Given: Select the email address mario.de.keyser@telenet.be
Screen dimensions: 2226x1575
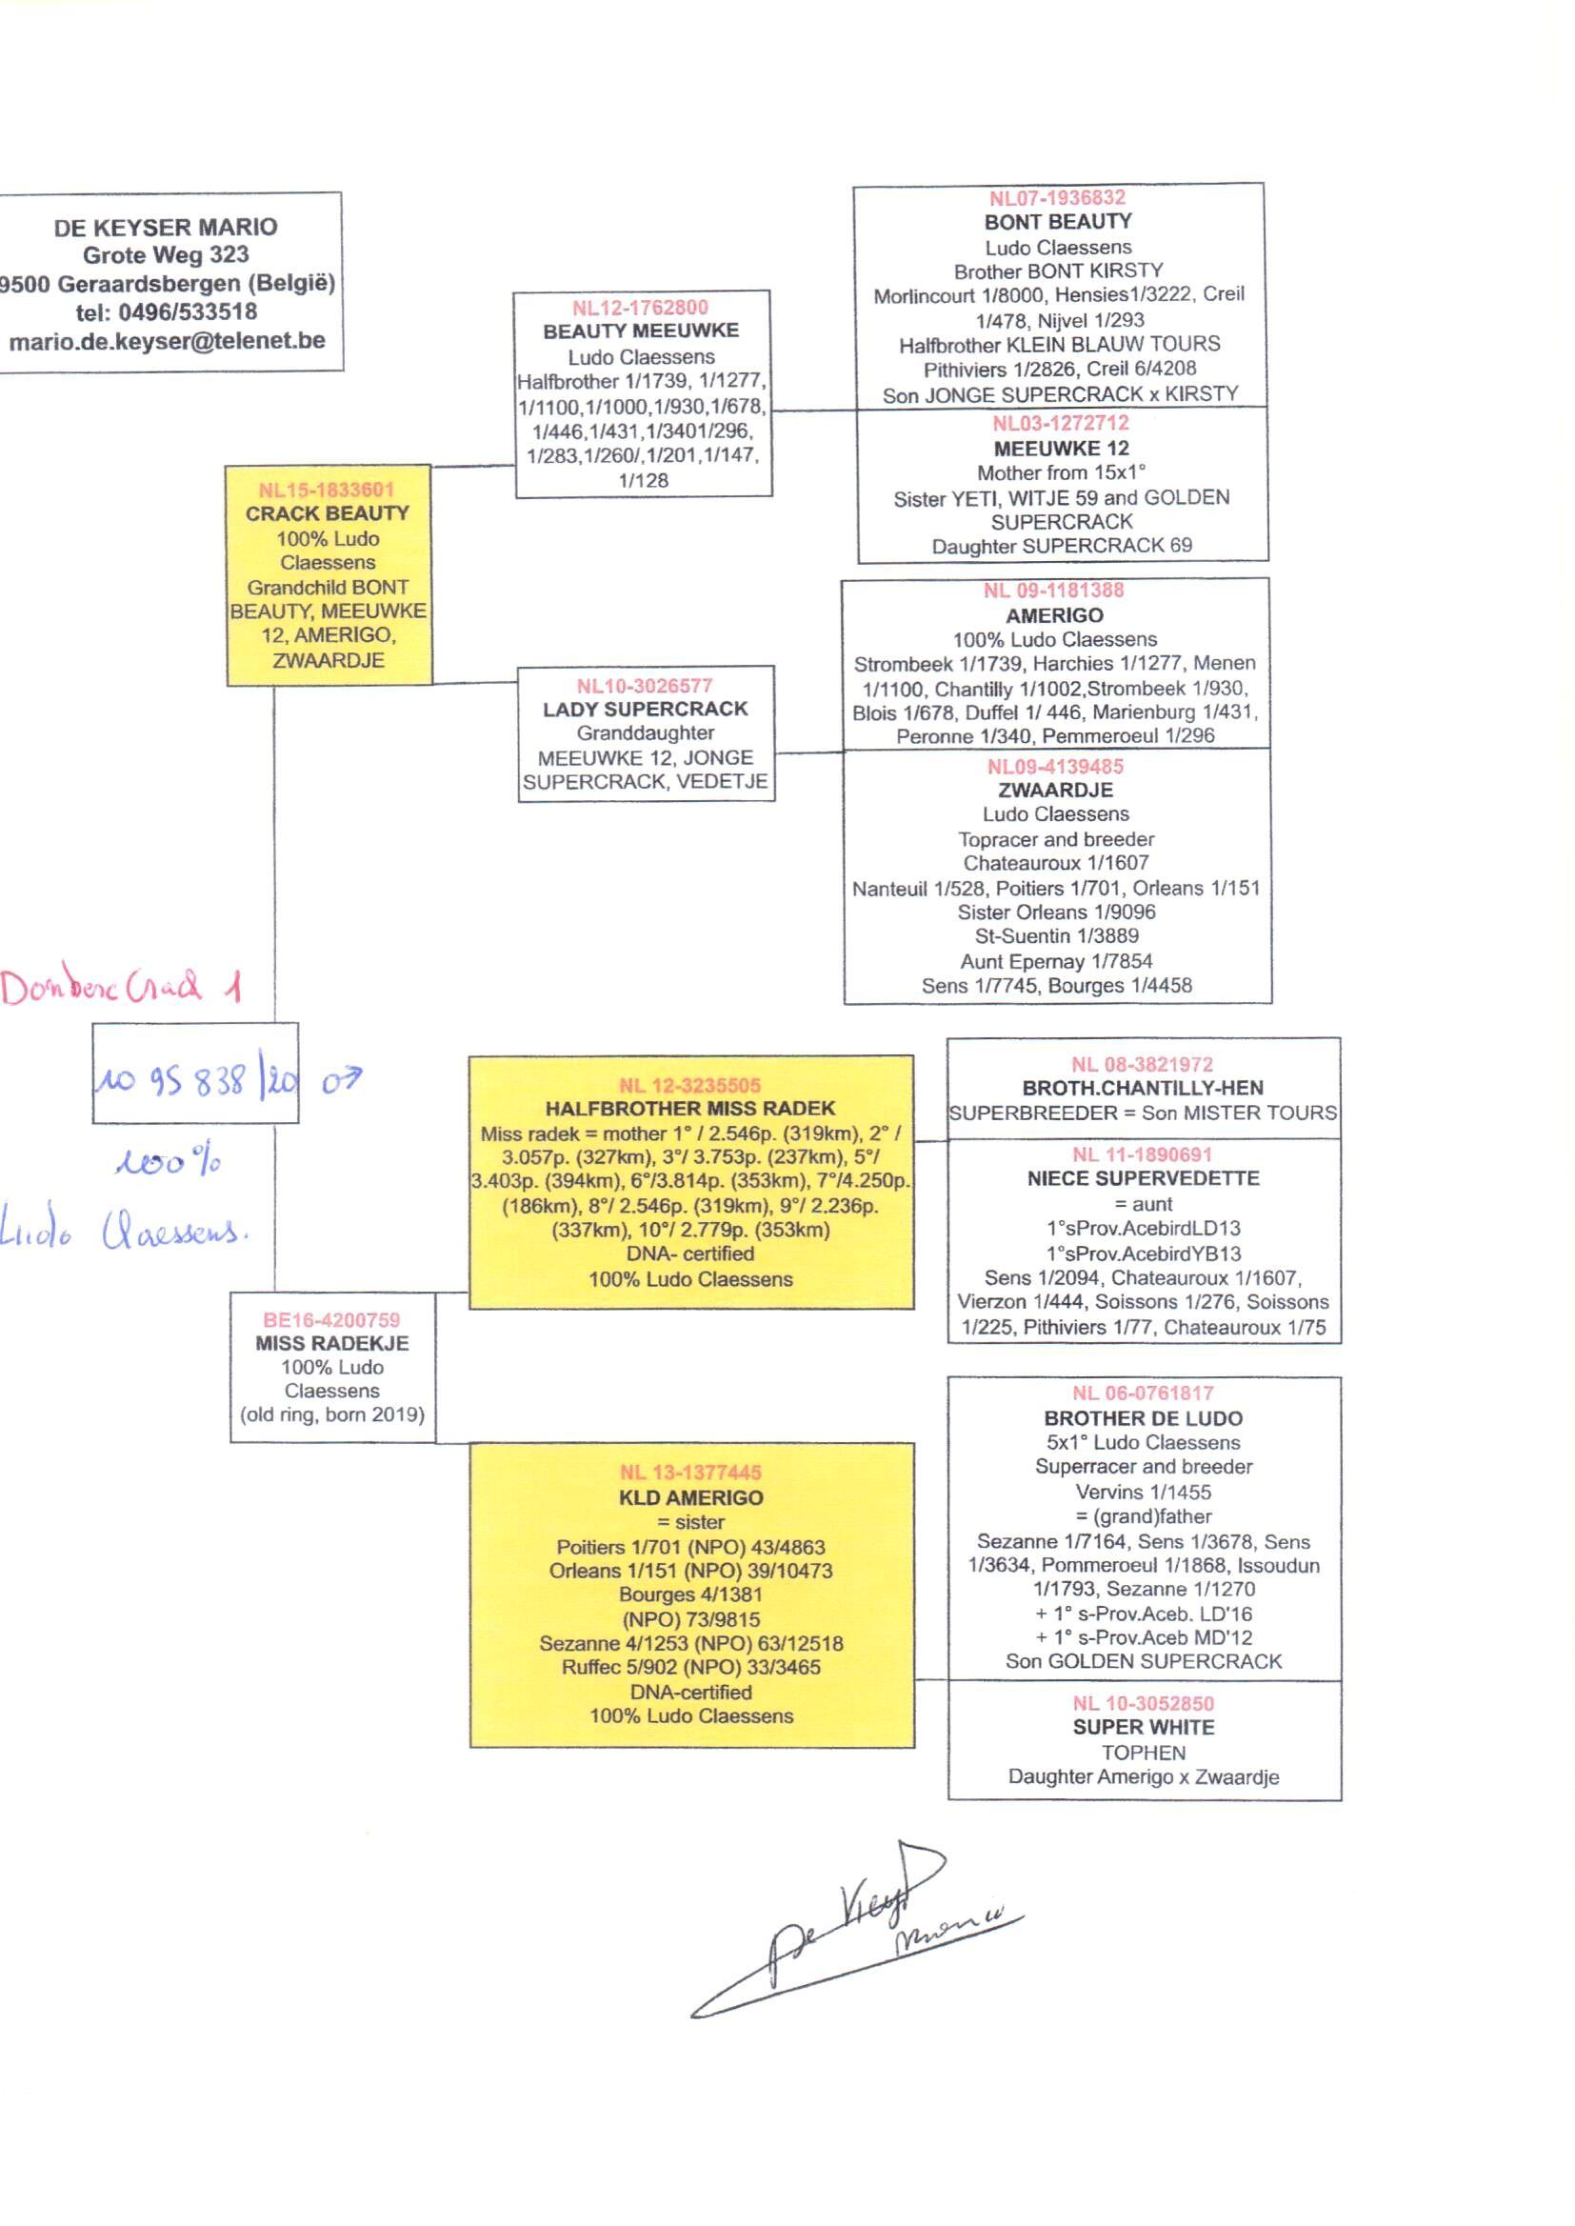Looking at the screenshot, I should [167, 341].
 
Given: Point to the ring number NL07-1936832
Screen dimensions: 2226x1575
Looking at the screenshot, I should [1057, 198].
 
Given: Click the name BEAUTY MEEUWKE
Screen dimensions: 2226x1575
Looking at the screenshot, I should [641, 331].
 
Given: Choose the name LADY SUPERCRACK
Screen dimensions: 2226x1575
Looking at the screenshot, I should [645, 709].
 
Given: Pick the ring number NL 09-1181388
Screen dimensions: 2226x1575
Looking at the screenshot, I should [1053, 591].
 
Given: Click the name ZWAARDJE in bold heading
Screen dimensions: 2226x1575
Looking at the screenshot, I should [1055, 790].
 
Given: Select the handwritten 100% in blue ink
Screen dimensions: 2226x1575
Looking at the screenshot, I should [167, 1162].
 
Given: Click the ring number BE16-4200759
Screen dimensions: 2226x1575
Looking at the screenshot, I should [331, 1319].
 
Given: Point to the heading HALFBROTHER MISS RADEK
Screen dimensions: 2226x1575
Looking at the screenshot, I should [689, 1109].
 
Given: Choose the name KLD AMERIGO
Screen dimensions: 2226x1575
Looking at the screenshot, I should [690, 1497].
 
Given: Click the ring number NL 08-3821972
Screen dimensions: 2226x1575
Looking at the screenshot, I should [1143, 1064].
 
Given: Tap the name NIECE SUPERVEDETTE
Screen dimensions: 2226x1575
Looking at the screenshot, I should [1144, 1178].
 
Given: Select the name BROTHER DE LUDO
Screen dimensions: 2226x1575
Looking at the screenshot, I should [1144, 1418].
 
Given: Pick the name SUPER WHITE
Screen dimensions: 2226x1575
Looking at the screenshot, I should [1144, 1727].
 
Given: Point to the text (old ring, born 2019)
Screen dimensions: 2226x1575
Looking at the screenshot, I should [331, 1414].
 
